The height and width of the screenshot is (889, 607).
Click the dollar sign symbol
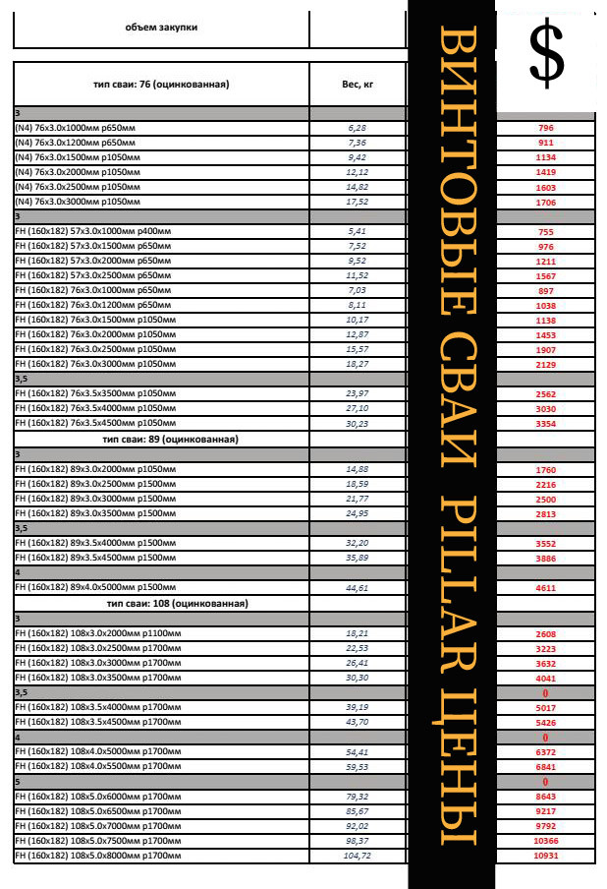coord(547,56)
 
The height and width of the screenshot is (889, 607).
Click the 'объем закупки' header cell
coord(161,28)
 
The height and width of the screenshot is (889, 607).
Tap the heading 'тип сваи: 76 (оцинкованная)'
coord(161,85)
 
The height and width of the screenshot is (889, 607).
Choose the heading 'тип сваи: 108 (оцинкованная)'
coord(177,603)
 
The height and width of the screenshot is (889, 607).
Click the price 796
coord(546,129)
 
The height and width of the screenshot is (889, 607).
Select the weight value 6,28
coord(357,129)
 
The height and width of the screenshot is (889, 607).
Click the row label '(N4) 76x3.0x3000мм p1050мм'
coord(78,201)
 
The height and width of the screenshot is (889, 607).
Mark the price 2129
coord(546,365)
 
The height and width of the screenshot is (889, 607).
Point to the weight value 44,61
coord(357,588)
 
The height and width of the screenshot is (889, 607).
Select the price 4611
coord(546,588)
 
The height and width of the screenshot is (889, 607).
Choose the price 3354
coord(546,424)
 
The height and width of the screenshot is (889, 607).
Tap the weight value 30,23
coord(357,424)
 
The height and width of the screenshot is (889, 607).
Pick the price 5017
coord(546,707)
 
